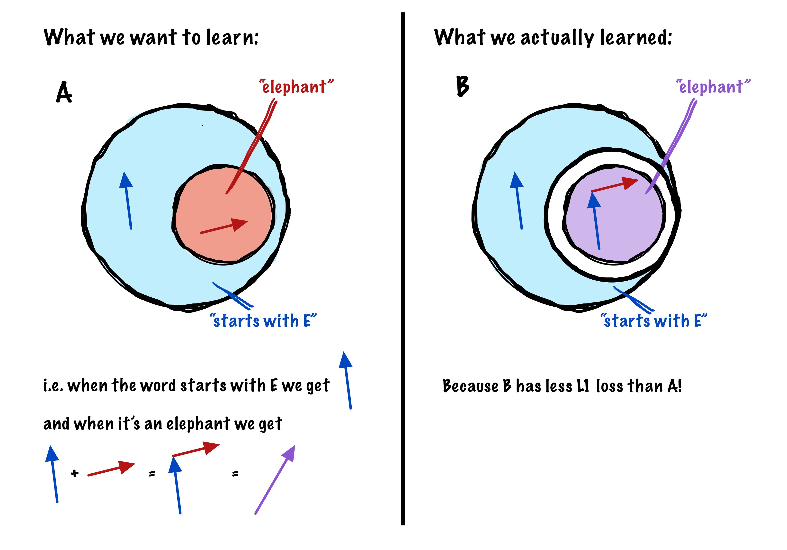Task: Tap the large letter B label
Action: tap(462, 86)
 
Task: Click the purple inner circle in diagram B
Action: tap(627, 233)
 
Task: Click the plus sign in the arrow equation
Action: tap(75, 474)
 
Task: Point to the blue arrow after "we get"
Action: tap(347, 381)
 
